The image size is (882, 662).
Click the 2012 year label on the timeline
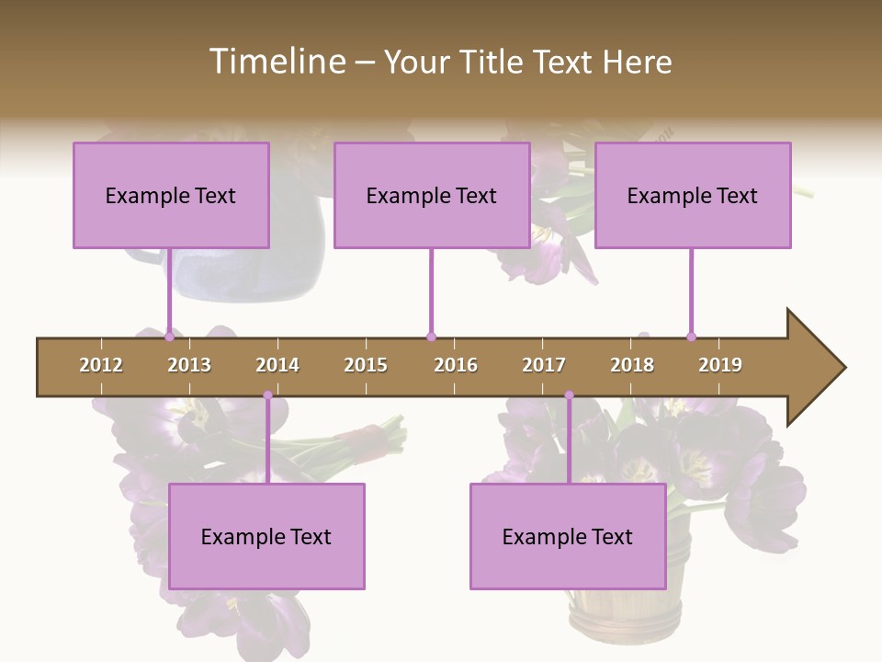101,365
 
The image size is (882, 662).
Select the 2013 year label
189,365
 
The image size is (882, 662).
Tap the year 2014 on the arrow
277,365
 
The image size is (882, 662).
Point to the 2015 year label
366,365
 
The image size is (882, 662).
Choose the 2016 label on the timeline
456,365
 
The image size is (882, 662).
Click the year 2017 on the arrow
544,365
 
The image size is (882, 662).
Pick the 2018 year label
632,365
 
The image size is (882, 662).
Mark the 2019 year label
720,365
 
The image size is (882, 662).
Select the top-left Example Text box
171,195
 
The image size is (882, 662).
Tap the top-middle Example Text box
432,195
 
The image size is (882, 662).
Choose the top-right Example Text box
693,195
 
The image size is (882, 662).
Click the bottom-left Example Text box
266,536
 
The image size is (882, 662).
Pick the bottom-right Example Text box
568,536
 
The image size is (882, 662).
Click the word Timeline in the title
276,62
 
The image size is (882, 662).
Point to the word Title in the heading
494,62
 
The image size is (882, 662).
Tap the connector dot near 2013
169,337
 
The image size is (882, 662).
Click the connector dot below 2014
268,395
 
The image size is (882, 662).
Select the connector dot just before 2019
692,337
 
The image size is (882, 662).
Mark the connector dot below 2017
569,395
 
